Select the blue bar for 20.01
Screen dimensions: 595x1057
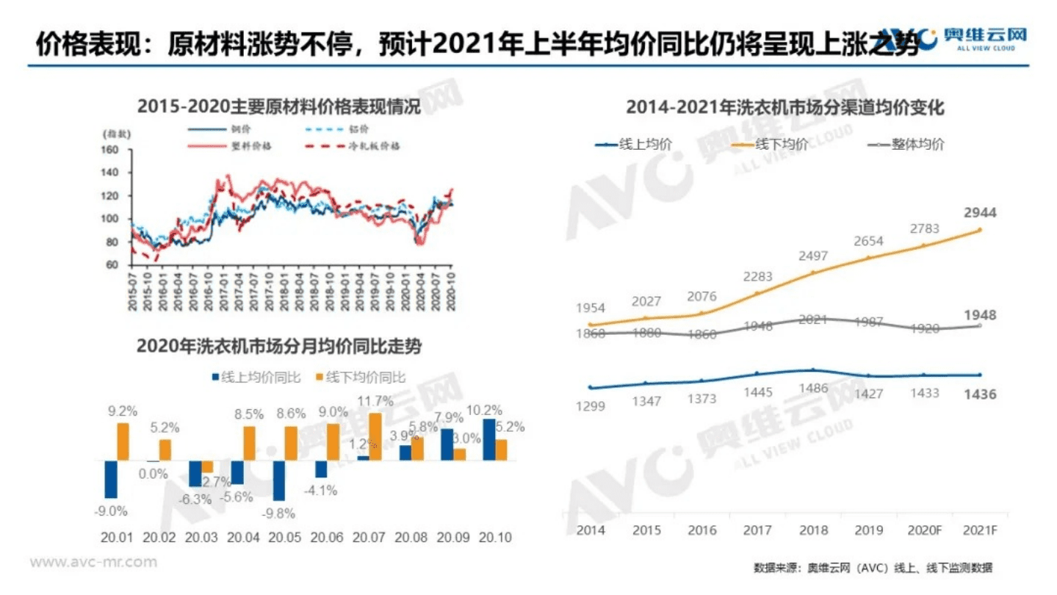[x=111, y=479]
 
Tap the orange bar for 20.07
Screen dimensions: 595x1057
[x=375, y=436]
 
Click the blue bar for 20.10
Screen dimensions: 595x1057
[x=488, y=439]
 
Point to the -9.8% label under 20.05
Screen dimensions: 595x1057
[x=280, y=512]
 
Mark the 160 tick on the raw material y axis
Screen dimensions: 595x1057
[x=109, y=151]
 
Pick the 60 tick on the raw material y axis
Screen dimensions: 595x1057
[x=112, y=265]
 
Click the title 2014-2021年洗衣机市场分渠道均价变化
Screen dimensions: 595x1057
[x=784, y=108]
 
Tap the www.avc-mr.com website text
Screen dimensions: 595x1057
[x=93, y=563]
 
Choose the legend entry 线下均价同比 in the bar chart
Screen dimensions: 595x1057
[x=364, y=378]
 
